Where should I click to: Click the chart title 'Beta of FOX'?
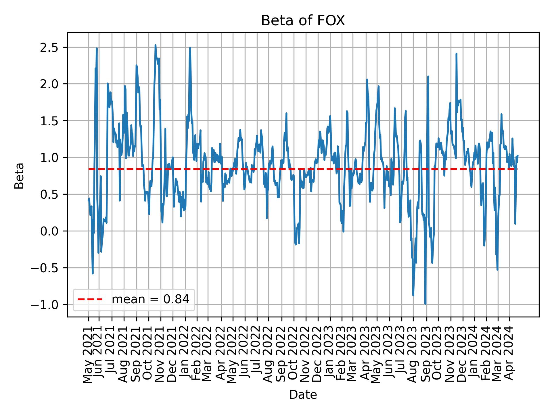pyautogui.click(x=303, y=21)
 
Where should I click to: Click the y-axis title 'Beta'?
pyautogui.click(x=19, y=176)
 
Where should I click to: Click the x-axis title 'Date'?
pyautogui.click(x=303, y=395)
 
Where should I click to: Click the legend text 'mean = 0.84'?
pyautogui.click(x=150, y=300)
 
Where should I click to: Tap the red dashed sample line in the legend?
pyautogui.click(x=90, y=300)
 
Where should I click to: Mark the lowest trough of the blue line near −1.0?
pyautogui.click(x=425, y=304)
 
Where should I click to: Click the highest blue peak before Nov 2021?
pyautogui.click(x=155, y=45)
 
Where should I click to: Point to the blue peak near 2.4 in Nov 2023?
pyautogui.click(x=456, y=54)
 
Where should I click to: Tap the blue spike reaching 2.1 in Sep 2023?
pyautogui.click(x=428, y=76)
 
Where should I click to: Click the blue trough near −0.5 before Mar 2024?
pyautogui.click(x=497, y=269)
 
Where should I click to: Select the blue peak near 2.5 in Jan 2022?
pyautogui.click(x=190, y=48)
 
